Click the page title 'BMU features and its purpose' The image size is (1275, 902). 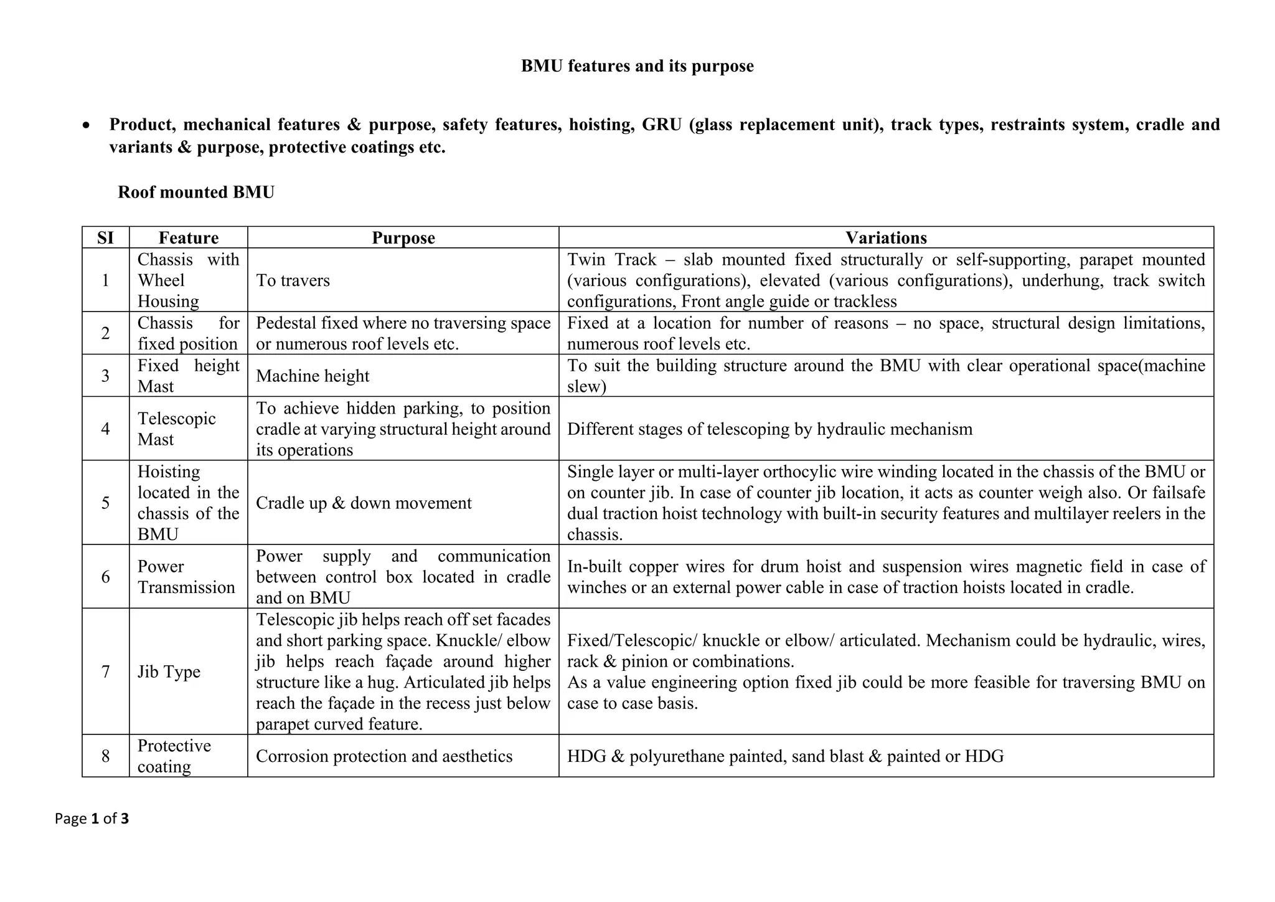[637, 66]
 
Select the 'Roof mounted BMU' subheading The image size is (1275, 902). [196, 192]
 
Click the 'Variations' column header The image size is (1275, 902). [886, 238]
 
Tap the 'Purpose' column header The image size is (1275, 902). [403, 238]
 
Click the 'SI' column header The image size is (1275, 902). [105, 238]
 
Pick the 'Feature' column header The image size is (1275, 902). [188, 238]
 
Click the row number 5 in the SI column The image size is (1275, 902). [105, 503]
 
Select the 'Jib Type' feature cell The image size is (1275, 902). [169, 672]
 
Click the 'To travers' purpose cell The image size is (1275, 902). [293, 280]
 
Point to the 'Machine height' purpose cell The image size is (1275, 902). [313, 376]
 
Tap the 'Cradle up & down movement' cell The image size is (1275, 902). [364, 503]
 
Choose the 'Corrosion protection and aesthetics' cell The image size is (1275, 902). [384, 756]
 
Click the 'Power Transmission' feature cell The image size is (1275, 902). [186, 577]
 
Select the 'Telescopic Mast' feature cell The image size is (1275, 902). [176, 429]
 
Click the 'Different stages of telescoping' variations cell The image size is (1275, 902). [769, 429]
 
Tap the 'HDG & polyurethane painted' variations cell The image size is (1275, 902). [785, 756]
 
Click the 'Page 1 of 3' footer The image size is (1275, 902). [92, 819]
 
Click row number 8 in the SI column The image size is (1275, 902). [105, 756]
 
